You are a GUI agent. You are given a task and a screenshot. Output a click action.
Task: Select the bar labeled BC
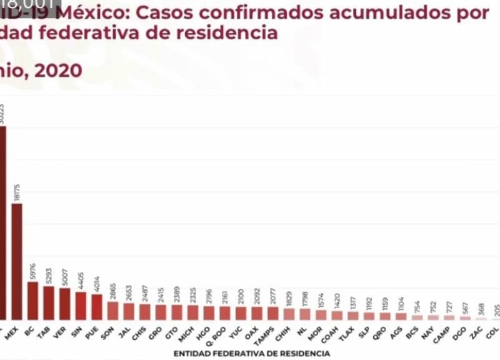pos(33,301)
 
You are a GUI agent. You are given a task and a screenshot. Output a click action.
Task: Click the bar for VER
pos(65,304)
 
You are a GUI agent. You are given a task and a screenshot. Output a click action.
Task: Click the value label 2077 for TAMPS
pos(273,295)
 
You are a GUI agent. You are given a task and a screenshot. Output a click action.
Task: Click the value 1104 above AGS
pos(401,302)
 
